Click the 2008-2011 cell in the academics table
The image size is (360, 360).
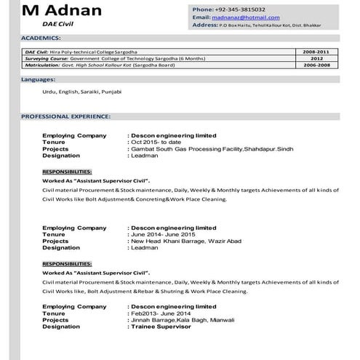click(x=316, y=53)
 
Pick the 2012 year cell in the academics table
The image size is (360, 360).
click(x=316, y=59)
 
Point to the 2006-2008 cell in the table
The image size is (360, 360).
click(x=316, y=65)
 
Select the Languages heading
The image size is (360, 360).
click(x=38, y=78)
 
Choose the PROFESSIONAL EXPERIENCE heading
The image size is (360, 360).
click(x=65, y=116)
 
